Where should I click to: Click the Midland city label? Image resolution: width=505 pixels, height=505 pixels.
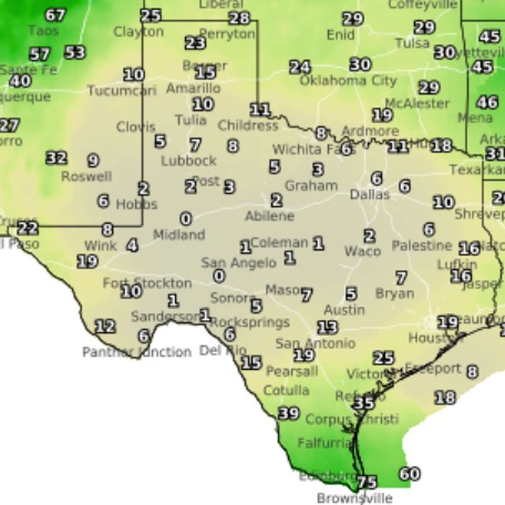click(x=179, y=234)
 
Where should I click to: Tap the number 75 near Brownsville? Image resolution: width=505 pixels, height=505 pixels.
click(x=367, y=482)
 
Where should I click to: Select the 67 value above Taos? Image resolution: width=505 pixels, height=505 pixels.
click(x=55, y=15)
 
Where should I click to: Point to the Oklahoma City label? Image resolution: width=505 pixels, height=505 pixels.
click(x=348, y=81)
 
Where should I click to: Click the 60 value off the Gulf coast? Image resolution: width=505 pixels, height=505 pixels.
click(x=410, y=474)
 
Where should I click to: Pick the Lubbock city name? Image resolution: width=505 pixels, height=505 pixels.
click(x=189, y=161)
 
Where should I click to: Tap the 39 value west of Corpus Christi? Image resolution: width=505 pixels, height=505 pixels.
click(x=289, y=413)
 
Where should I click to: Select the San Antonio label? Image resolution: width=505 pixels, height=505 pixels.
click(x=315, y=343)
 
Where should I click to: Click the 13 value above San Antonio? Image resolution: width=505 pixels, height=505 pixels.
click(x=328, y=327)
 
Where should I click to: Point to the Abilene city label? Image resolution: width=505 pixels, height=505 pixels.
click(x=269, y=216)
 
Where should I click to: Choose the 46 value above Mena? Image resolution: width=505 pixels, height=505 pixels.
click(x=487, y=102)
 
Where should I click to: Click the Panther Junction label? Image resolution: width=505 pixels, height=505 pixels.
click(x=137, y=352)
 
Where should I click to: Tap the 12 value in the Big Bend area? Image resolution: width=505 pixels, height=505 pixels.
click(x=105, y=326)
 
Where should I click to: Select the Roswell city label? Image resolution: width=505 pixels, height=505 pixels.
click(x=87, y=176)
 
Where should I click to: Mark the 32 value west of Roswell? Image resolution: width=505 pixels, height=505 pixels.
click(x=56, y=158)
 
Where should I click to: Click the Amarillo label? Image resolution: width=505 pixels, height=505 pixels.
click(x=193, y=88)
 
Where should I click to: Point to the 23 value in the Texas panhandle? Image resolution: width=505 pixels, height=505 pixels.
click(x=195, y=43)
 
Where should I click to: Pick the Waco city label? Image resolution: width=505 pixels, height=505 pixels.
click(x=362, y=251)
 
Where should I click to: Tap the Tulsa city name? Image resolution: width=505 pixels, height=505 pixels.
click(x=412, y=43)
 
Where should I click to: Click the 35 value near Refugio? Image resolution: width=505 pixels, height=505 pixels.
click(x=364, y=403)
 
